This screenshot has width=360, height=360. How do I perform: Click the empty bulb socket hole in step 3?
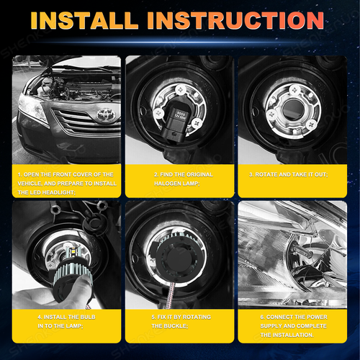(x=292, y=112)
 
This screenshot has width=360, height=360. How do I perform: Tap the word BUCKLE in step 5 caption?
(x=178, y=325)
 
